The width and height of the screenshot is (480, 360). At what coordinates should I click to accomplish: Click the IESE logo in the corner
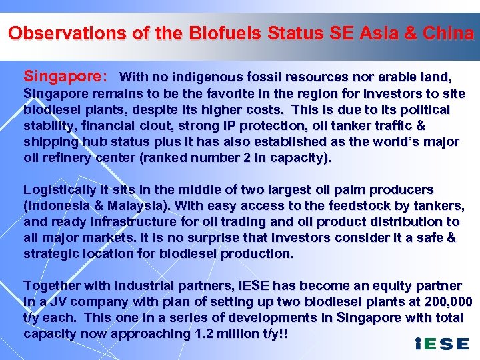click(x=441, y=344)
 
